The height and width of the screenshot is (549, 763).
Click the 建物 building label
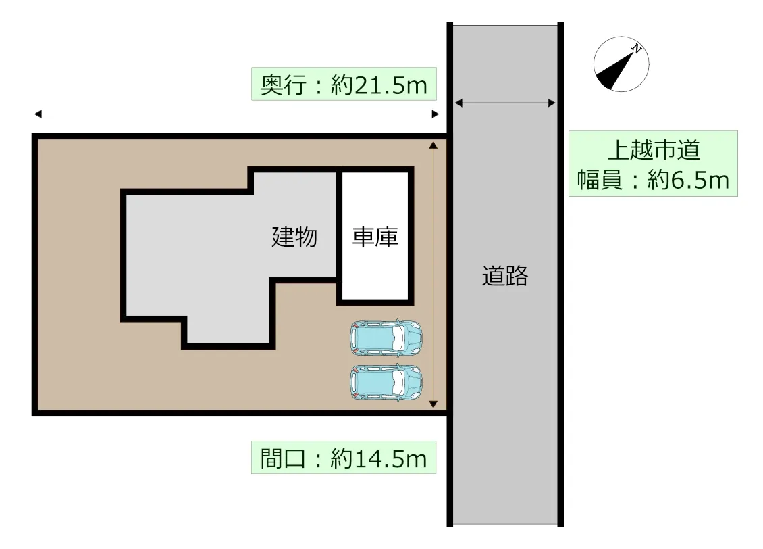294,237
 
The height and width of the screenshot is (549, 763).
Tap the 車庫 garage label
375,237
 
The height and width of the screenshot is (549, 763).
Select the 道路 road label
505,276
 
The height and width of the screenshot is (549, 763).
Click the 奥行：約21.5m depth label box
344,84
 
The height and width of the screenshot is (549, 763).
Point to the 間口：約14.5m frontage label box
344,458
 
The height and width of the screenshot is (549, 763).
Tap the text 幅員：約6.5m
654,181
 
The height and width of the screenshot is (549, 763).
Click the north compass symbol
621,64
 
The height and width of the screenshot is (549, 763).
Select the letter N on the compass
637,48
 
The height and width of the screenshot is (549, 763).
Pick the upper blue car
386,338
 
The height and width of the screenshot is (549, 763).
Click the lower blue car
386,383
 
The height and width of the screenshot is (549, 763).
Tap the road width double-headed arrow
505,103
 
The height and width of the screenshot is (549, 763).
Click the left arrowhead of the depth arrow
38,114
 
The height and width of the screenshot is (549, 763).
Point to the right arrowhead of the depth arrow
436,114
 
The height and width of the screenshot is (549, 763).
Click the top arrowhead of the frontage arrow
433,145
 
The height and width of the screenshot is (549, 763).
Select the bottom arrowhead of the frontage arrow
433,404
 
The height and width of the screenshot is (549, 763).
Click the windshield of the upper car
398,338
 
